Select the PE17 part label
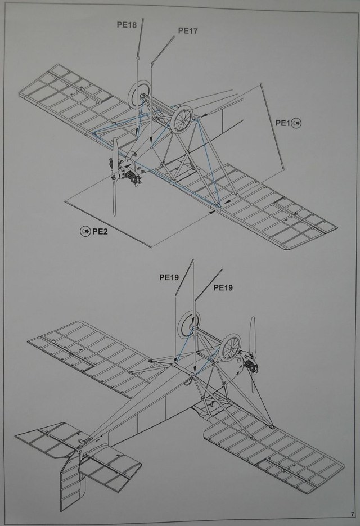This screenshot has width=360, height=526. click(187, 31)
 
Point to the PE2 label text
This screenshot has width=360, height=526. click(100, 231)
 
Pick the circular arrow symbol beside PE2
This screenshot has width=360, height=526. click(85, 231)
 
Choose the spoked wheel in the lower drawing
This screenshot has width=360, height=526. click(231, 348)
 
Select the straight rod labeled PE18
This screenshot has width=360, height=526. click(141, 39)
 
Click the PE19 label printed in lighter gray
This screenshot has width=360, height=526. click(223, 287)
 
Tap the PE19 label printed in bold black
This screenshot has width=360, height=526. click(168, 277)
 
